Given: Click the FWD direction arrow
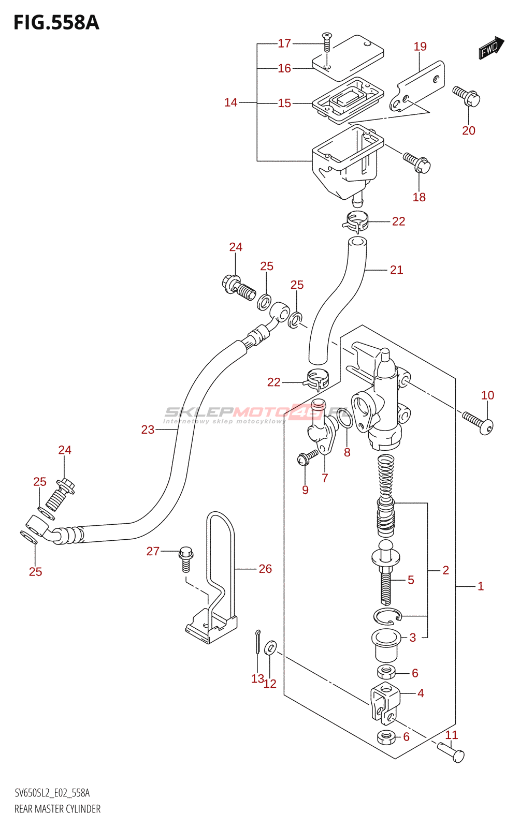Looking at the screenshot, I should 490,48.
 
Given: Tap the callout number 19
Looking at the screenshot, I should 420,47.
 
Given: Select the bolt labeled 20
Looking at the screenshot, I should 467,96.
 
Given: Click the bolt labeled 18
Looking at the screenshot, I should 417,162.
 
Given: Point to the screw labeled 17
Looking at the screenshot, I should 327,41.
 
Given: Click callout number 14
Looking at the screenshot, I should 230,102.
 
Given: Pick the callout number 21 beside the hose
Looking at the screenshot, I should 396,270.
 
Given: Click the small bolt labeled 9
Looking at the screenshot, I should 307,457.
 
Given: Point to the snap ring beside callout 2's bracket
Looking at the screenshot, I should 387,616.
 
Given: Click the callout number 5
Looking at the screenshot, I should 411,580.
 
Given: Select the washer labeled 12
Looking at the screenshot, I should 270,647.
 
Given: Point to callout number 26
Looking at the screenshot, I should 265,569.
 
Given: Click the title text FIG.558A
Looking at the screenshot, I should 56,23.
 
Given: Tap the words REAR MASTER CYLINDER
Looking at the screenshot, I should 57,809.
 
